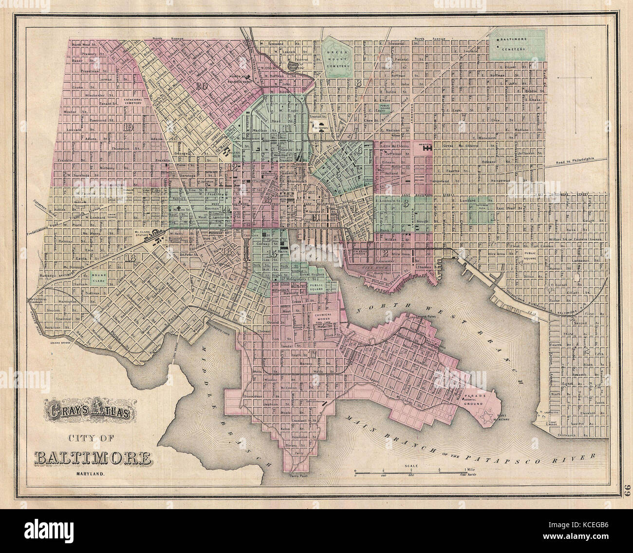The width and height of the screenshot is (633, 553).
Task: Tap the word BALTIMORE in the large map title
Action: [92, 458]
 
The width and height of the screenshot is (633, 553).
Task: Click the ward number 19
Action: [129, 128]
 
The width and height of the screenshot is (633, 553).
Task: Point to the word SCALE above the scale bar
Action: [407, 466]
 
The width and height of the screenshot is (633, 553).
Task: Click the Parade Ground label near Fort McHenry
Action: [473, 400]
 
